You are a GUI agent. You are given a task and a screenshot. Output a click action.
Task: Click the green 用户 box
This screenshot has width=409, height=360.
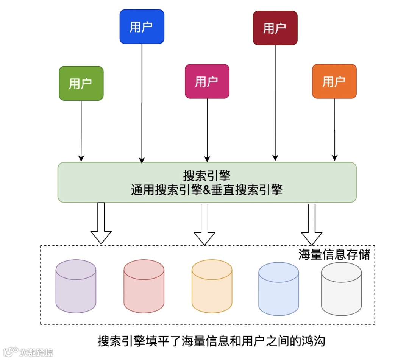point(81,83)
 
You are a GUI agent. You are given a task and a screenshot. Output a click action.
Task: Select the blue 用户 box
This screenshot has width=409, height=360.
point(142,26)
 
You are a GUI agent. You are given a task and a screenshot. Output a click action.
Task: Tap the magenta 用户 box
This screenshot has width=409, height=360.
point(207,81)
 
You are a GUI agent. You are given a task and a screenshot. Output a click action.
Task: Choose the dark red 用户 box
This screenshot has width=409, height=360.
point(275,28)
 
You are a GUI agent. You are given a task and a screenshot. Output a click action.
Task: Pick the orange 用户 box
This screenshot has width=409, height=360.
point(334,81)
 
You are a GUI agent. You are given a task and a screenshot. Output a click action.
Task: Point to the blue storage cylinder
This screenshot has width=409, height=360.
point(278,288)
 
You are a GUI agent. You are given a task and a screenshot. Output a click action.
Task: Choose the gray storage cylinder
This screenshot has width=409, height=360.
point(341,288)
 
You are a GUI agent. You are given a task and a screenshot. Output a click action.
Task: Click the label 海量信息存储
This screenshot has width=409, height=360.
point(334,254)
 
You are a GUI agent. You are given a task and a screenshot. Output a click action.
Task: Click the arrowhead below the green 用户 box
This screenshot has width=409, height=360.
point(81,158)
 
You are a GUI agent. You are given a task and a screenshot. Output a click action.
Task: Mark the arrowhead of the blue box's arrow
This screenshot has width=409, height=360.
point(142,160)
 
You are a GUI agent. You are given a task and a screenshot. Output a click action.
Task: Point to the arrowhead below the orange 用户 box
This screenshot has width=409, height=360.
point(334,157)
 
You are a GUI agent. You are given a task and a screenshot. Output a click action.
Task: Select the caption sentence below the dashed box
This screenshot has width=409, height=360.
point(211,341)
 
